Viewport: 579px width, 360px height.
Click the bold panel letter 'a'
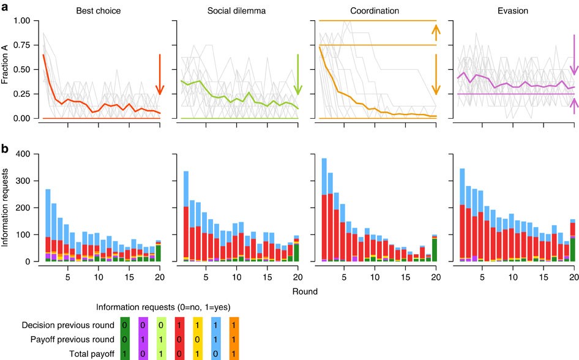pos(4,7)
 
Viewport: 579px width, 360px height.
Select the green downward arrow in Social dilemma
pos(298,74)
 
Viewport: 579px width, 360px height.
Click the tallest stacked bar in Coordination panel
pos(324,208)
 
